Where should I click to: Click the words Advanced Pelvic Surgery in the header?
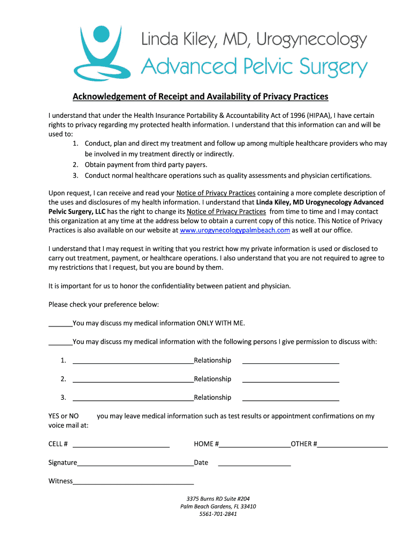click(254, 67)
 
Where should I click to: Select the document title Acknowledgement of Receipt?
click(200, 96)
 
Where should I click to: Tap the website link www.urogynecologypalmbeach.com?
click(235, 230)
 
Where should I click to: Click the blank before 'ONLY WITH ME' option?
click(60, 324)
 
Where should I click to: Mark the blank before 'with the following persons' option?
click(60, 342)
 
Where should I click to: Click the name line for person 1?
click(133, 361)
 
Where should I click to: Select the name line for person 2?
click(133, 380)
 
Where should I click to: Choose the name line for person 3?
click(133, 399)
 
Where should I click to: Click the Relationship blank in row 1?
click(291, 361)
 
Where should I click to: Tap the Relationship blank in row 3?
click(291, 399)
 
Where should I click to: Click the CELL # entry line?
click(121, 445)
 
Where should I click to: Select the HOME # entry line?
click(255, 445)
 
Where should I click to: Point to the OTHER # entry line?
click(353, 445)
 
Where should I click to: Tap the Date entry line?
click(254, 463)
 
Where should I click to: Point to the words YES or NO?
click(63, 416)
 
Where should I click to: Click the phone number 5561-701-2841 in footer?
click(218, 514)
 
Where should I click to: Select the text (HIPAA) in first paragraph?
click(316, 115)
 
